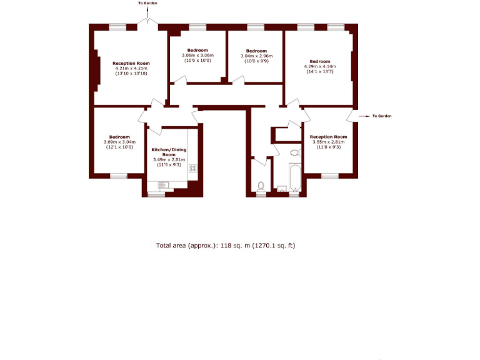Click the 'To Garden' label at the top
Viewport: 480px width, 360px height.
(148, 3)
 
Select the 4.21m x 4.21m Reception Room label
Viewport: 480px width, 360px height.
(131, 68)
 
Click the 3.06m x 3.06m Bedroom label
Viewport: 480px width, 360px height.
(197, 55)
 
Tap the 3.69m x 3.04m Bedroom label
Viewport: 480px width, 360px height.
(119, 142)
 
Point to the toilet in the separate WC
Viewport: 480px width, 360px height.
(261, 186)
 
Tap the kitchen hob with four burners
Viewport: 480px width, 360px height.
(193, 167)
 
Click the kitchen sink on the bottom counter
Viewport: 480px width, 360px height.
(164, 184)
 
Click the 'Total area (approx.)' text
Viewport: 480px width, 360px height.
(225, 246)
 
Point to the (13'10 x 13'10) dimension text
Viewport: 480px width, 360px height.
(131, 74)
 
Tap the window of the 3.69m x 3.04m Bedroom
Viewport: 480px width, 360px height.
(119, 176)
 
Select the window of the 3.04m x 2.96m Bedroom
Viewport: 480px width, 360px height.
(256, 26)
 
